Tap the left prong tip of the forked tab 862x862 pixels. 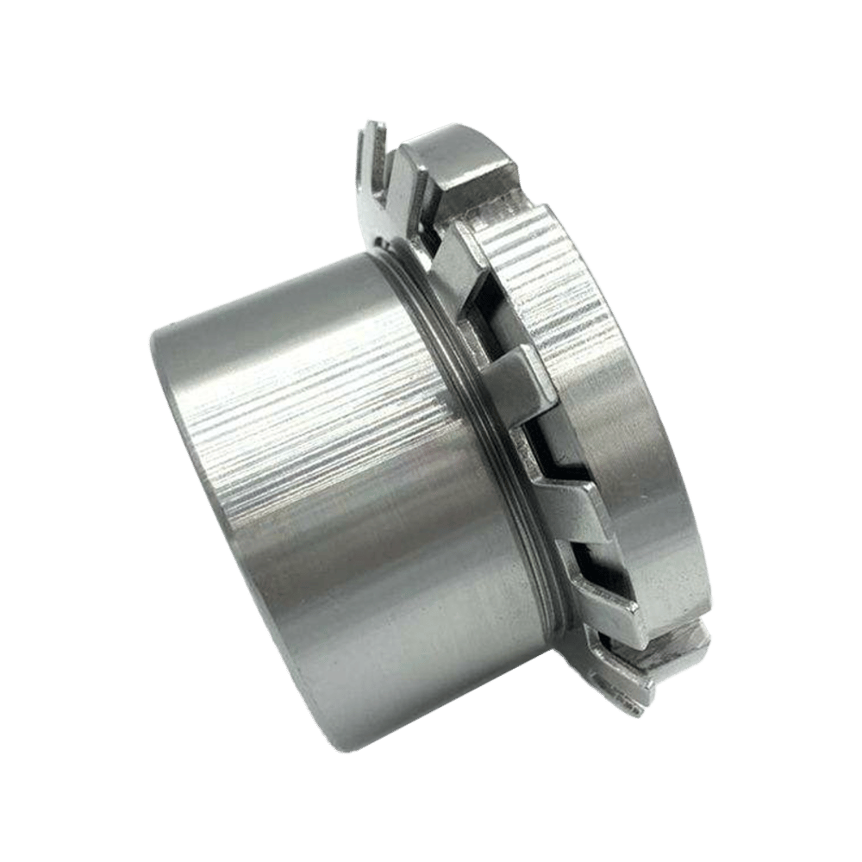(365, 129)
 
